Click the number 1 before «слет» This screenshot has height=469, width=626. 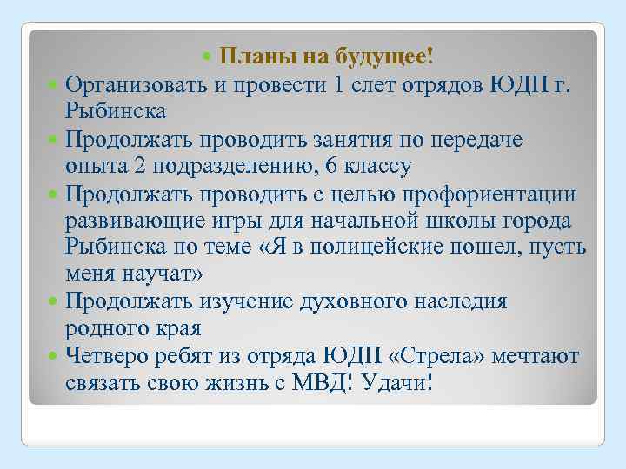(x=340, y=85)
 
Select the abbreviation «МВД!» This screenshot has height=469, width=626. (x=323, y=383)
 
